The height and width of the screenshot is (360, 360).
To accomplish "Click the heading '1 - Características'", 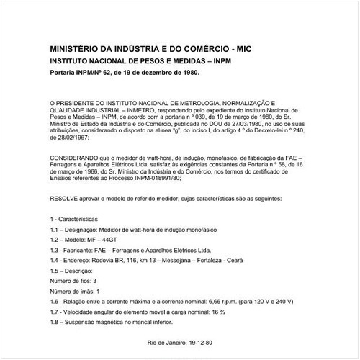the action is pos(75,217).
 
